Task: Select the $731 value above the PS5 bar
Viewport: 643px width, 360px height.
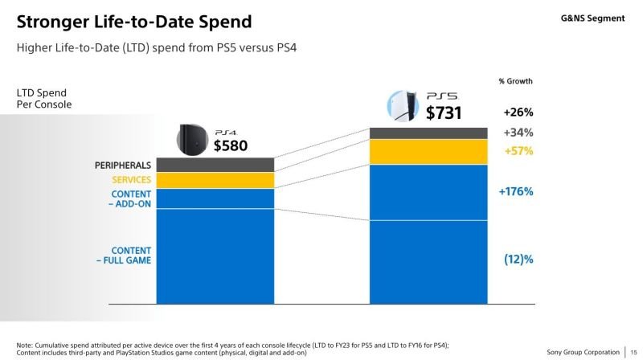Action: [444, 113]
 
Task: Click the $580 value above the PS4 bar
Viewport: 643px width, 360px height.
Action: [230, 145]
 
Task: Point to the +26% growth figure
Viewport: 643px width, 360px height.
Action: [518, 112]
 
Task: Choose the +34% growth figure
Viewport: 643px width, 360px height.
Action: [518, 133]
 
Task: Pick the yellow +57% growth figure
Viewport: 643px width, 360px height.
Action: [518, 151]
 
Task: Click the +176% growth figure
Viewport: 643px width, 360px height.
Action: [516, 191]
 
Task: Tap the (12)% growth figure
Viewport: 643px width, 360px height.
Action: [518, 259]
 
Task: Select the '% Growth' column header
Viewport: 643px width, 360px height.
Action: [515, 81]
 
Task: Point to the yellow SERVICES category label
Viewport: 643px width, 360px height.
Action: [131, 180]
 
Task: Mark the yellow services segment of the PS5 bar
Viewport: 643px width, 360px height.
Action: [428, 151]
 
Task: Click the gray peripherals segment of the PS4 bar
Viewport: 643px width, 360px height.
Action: [215, 165]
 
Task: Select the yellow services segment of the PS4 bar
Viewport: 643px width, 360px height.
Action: [215, 181]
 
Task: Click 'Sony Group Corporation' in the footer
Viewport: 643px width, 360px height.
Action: [583, 351]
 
